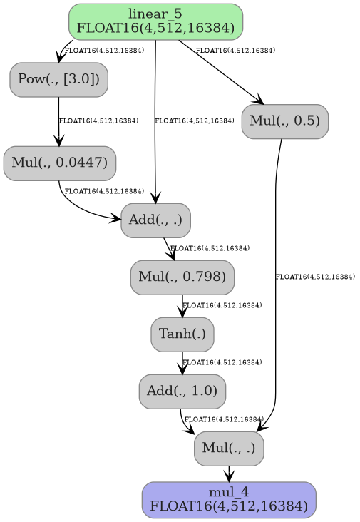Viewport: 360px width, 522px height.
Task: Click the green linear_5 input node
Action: click(155, 21)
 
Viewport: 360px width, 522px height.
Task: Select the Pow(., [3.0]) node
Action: click(58, 79)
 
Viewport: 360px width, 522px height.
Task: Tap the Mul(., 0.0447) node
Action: click(60, 163)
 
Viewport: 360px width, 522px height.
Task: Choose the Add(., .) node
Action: click(155, 220)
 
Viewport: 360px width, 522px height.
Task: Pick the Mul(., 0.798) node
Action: click(182, 277)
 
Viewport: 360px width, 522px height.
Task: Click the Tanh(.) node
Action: click(182, 334)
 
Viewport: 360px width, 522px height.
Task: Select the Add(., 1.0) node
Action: click(182, 391)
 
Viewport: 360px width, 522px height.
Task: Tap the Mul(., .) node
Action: click(229, 448)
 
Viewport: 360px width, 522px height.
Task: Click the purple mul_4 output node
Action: click(229, 500)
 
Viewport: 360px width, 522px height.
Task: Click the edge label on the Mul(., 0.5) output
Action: click(315, 277)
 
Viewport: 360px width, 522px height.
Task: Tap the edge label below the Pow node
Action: click(98, 121)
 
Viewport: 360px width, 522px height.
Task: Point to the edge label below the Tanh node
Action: click(222, 363)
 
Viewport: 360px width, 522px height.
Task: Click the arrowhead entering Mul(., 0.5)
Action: click(259, 101)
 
